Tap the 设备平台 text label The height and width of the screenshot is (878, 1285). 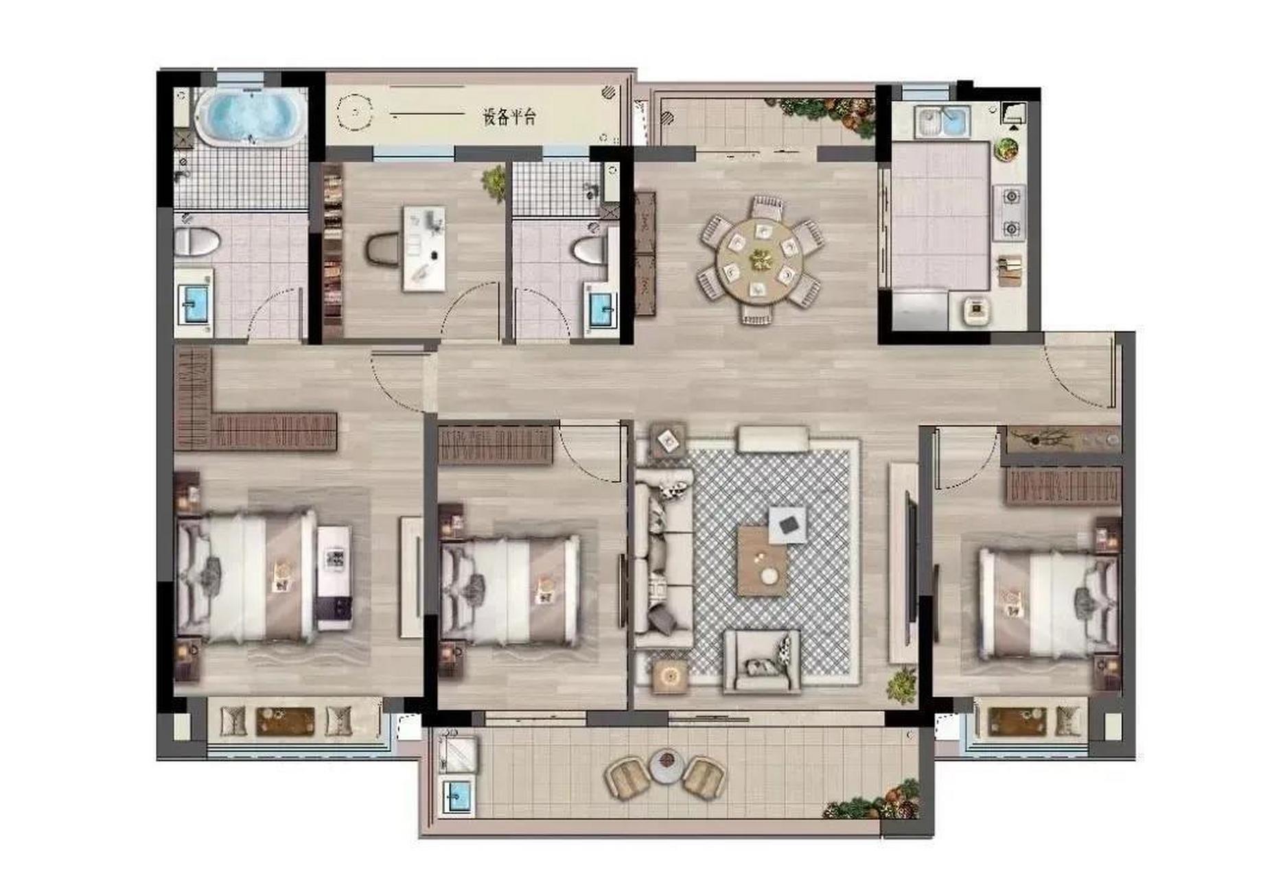point(509,117)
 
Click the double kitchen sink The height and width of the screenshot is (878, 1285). point(942,122)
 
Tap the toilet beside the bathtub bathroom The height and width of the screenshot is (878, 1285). point(197,242)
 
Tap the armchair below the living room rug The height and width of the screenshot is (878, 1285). point(762,661)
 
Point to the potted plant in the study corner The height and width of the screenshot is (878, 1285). point(494,182)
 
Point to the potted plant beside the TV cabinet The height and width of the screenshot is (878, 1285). point(903,684)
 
